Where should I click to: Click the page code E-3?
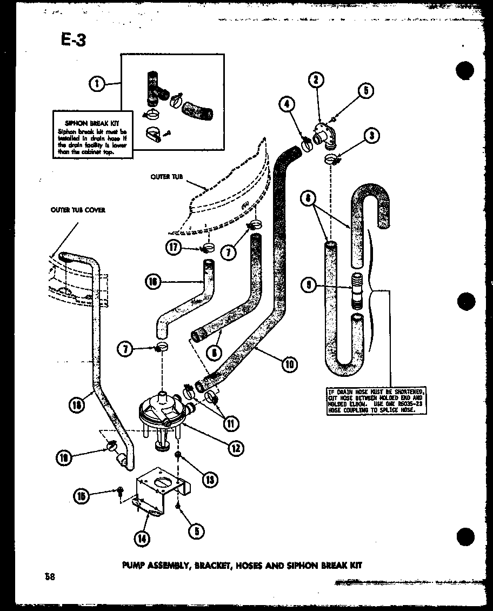tap(70, 39)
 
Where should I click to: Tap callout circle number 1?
tap(97, 83)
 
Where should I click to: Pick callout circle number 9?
tap(309, 285)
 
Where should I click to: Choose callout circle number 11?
tap(231, 424)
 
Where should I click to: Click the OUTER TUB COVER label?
tap(78, 210)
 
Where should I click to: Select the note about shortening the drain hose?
tap(376, 401)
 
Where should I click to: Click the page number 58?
tap(51, 576)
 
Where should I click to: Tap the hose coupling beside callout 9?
tap(358, 290)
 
